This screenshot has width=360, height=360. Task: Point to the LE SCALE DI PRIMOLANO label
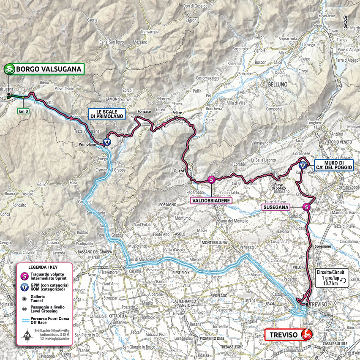click(106, 114)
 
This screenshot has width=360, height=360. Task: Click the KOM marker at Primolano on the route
click(108, 141)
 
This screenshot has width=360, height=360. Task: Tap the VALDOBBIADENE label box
click(212, 200)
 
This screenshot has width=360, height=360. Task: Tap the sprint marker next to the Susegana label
click(307, 207)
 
